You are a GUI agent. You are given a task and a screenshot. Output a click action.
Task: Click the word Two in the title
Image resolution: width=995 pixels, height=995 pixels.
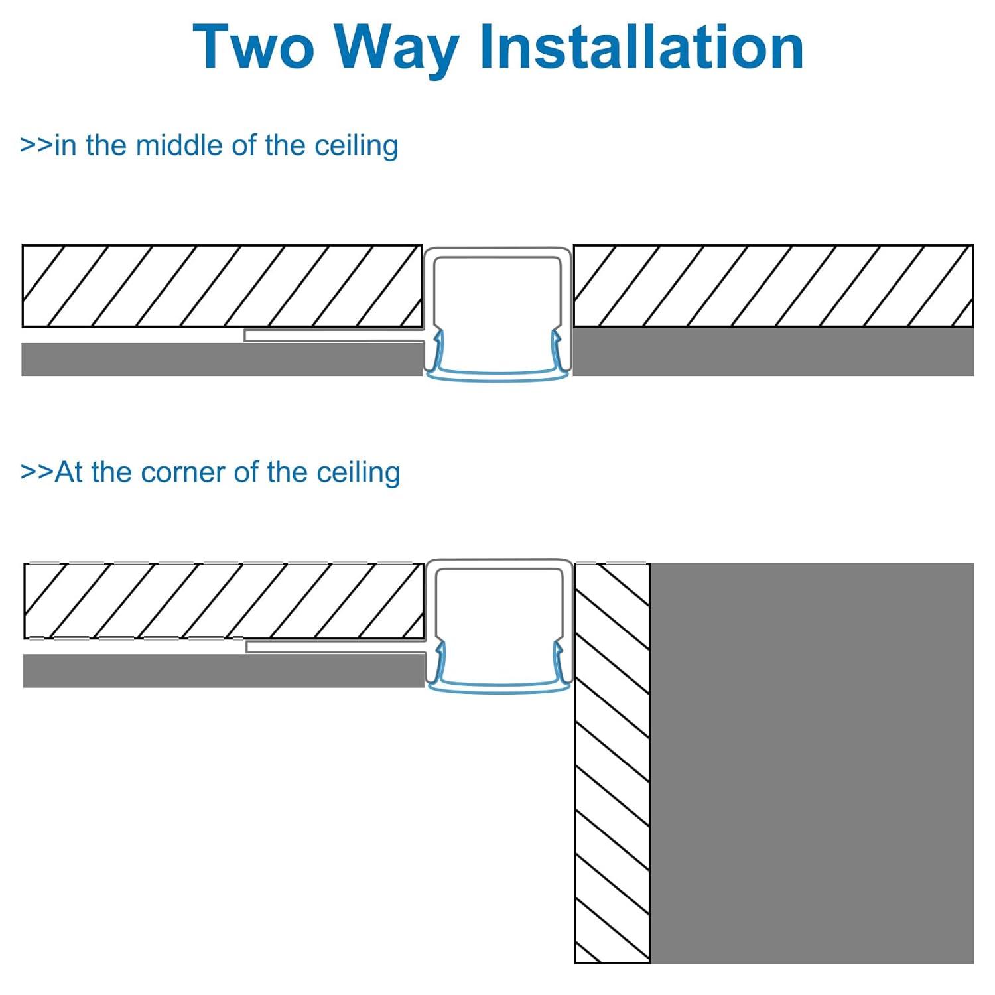(253, 46)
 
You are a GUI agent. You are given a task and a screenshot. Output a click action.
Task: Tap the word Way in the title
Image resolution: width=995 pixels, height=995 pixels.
(397, 50)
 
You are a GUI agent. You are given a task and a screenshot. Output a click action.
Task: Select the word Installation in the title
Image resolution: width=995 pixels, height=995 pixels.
(641, 46)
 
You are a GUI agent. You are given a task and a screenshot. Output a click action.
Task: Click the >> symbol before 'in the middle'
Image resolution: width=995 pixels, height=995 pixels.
(36, 145)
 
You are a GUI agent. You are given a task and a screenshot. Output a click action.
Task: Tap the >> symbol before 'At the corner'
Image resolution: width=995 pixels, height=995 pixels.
(37, 472)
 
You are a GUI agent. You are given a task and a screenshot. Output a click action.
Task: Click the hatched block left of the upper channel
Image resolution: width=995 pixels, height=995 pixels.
(222, 286)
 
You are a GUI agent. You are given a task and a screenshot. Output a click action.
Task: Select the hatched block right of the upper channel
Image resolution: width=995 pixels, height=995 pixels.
(773, 286)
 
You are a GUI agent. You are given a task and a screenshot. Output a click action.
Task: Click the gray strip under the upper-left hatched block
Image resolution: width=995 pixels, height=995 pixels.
(222, 359)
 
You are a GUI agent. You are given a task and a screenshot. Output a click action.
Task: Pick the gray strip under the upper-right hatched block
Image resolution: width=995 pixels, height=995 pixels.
(773, 352)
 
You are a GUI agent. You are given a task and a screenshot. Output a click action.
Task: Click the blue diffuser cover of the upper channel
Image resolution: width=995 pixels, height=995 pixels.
(497, 375)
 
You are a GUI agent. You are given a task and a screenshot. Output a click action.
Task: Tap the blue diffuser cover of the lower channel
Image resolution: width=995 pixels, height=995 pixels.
(498, 687)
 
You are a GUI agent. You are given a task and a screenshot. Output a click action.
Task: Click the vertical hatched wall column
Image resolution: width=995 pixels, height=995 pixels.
(612, 763)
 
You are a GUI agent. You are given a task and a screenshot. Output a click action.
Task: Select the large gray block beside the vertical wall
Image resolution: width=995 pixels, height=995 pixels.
(812, 763)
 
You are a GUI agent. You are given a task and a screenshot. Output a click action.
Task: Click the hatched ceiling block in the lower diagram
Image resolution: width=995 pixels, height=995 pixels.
(224, 601)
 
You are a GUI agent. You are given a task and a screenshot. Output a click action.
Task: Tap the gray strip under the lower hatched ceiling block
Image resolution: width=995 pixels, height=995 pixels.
(224, 670)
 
